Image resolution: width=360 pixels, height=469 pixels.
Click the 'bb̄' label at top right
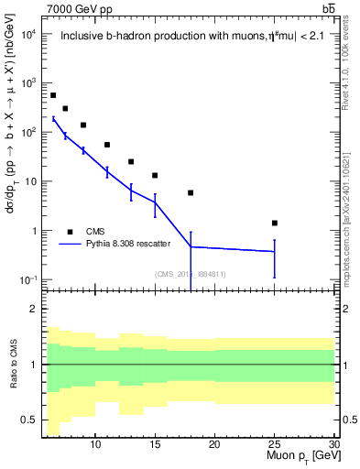329,8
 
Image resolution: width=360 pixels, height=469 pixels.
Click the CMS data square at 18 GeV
191,192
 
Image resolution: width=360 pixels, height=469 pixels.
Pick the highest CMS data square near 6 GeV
53,95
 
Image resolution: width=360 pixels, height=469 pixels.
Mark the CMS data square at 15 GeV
155,175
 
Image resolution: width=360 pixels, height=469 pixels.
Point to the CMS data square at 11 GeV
107,145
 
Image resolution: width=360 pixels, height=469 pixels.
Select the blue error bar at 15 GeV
155,209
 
